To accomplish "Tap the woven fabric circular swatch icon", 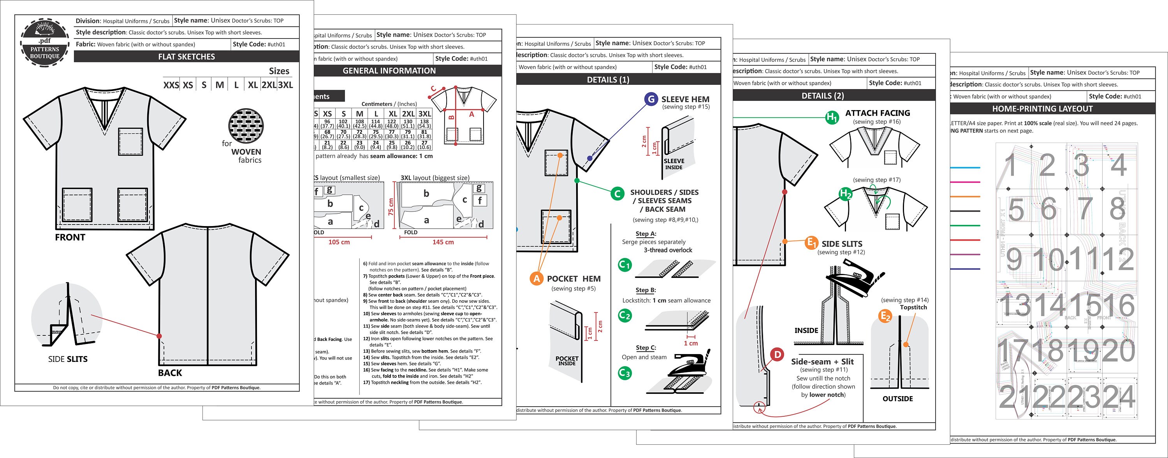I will click(x=246, y=125).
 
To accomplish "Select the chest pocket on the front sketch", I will click(x=130, y=142).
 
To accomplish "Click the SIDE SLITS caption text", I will click(x=68, y=359).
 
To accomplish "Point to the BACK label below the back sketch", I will click(x=170, y=373).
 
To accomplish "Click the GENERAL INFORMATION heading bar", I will click(x=389, y=71).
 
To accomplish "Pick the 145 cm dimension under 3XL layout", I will click(x=443, y=242).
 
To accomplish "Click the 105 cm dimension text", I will click(x=339, y=242).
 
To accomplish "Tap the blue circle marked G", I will click(x=651, y=99).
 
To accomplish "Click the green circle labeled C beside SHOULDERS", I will click(x=617, y=194).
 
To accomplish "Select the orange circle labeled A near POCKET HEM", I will click(x=537, y=279).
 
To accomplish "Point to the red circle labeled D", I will click(x=777, y=354).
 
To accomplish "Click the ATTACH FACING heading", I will click(x=877, y=113).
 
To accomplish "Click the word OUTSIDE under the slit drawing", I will click(x=897, y=398).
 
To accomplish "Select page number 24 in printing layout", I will click(x=1119, y=397).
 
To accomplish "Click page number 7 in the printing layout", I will click(x=1085, y=209).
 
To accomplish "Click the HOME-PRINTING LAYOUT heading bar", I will click(x=1042, y=109).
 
